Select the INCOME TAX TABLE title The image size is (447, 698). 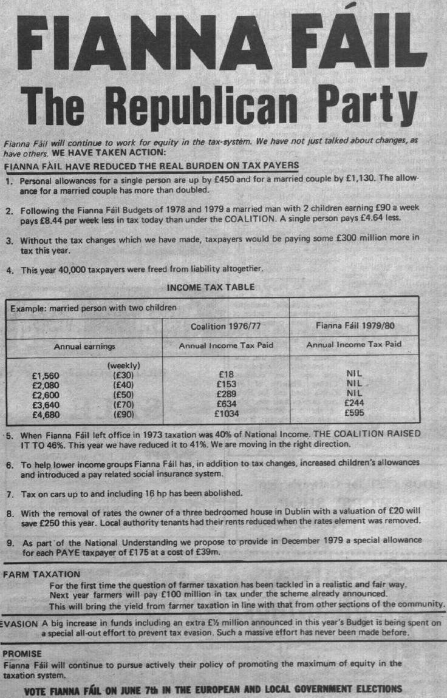pyautogui.click(x=210, y=287)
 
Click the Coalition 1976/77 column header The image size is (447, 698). pyautogui.click(x=225, y=326)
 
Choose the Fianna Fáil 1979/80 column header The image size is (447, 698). pyautogui.click(x=355, y=326)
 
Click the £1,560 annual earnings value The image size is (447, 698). pyautogui.click(x=46, y=375)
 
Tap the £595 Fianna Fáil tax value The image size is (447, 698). pyautogui.click(x=354, y=415)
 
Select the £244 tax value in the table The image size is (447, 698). pyautogui.click(x=354, y=405)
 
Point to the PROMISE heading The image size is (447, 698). pyautogui.click(x=22, y=654)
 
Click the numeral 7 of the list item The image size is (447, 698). pyautogui.click(x=10, y=492)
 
